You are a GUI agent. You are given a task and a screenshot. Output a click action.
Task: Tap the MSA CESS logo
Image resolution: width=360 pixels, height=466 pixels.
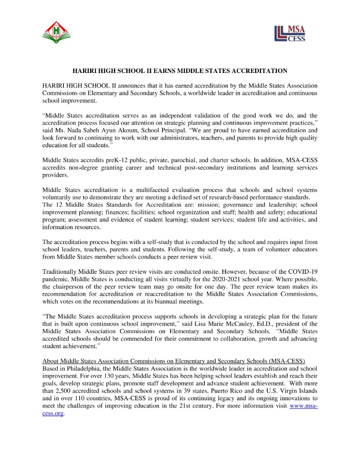pos(290,33)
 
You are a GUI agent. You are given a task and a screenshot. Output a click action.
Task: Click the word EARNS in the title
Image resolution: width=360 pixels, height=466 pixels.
pos(162,71)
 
